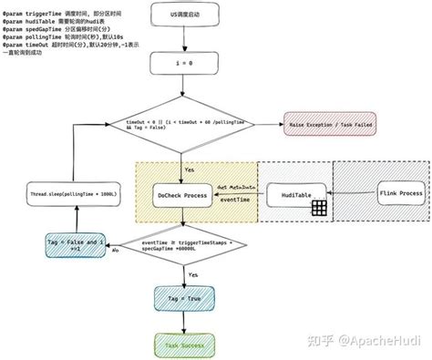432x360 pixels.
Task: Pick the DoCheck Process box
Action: coord(182,196)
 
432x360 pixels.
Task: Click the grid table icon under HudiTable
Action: coord(319,209)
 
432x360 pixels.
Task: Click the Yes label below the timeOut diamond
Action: coord(190,169)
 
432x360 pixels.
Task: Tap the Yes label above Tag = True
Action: coord(193,274)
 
